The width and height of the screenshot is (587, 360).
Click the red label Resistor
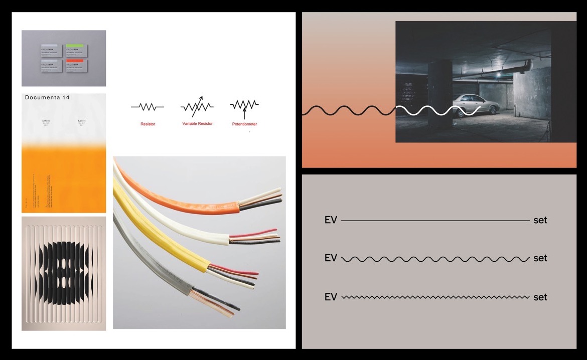tap(148, 124)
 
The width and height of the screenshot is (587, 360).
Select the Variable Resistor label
tap(197, 123)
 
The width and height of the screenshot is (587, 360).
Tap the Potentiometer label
tap(244, 124)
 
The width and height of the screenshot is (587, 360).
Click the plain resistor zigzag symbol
tap(148, 106)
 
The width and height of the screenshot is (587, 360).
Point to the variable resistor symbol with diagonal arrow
tap(197, 106)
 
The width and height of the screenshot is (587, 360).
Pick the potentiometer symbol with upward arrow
tap(244, 105)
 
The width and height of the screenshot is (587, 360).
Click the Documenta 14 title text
tap(47, 98)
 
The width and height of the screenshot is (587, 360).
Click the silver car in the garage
tap(477, 105)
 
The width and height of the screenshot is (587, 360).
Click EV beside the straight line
tap(331, 220)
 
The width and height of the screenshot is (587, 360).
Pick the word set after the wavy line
tap(540, 259)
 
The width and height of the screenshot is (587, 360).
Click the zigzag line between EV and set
tap(435, 297)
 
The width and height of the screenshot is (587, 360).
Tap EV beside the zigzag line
tap(331, 297)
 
